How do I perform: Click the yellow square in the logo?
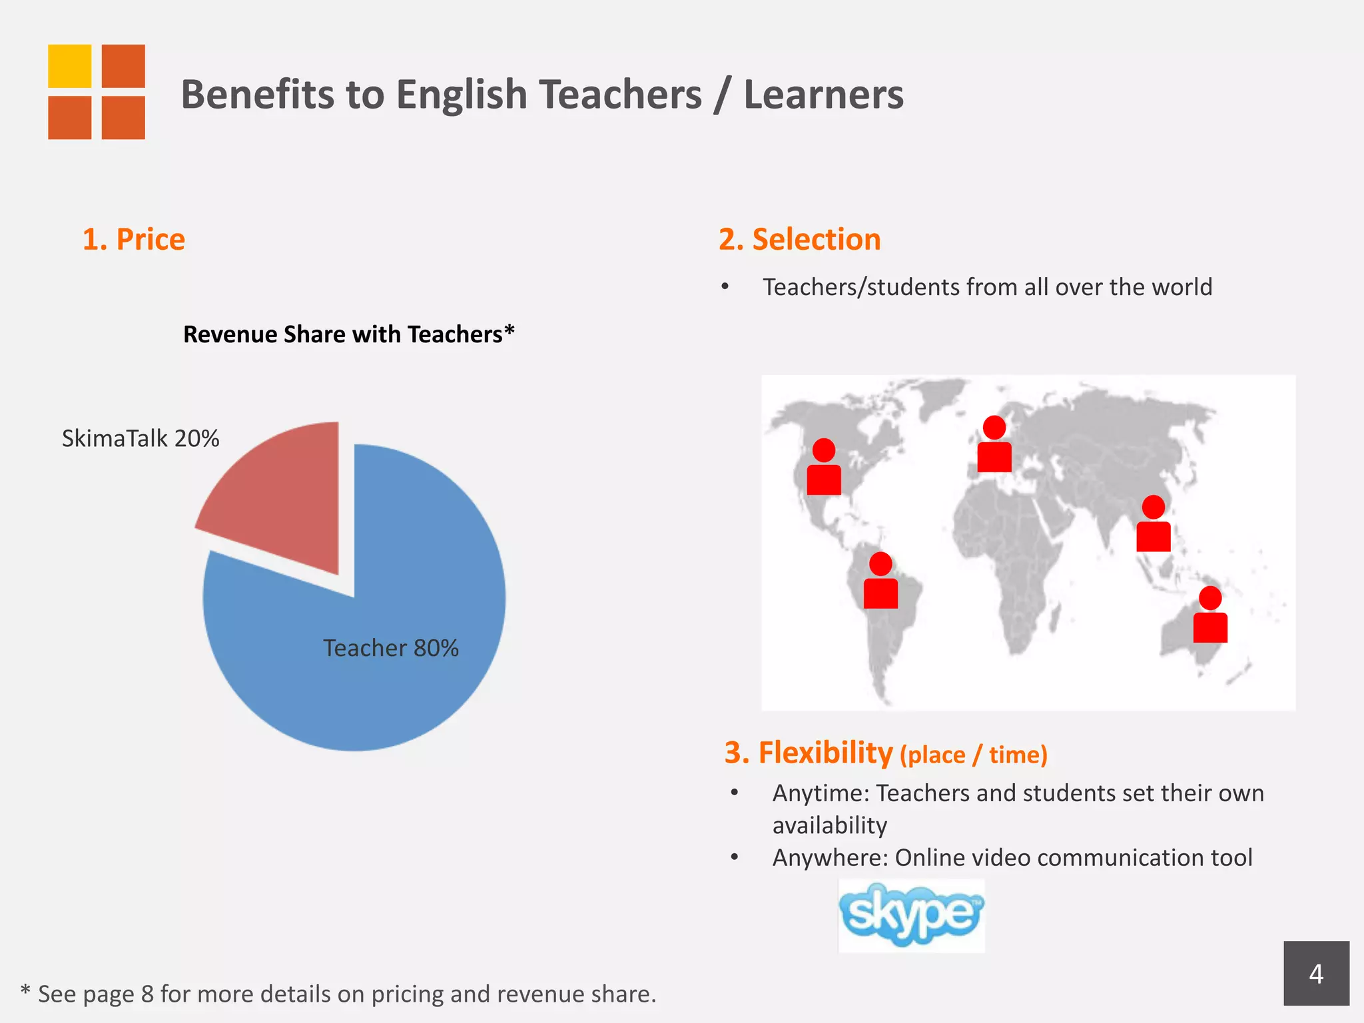pos(69,66)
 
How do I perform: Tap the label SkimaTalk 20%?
pos(141,438)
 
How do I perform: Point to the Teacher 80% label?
pos(391,648)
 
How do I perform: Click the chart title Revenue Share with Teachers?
pos(348,334)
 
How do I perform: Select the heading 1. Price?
pos(134,239)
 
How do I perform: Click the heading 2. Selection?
pos(800,239)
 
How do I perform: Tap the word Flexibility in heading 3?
pos(825,753)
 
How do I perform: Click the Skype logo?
pos(911,914)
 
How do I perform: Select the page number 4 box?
pos(1316,973)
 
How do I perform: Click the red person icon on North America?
pos(824,468)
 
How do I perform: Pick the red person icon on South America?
pos(880,582)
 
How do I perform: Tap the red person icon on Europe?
pos(994,446)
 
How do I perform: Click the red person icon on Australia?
pos(1210,616)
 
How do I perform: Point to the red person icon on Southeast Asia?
pos(1154,525)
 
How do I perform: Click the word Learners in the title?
pos(824,94)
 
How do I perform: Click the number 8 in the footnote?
pos(147,994)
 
